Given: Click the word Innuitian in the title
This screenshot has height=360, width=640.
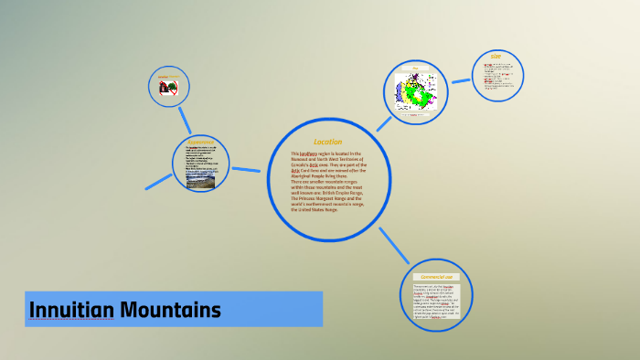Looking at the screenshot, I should click(x=71, y=311).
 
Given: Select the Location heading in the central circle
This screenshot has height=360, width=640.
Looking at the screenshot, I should click(x=327, y=142).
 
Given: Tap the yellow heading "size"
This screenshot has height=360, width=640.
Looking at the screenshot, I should click(x=496, y=58).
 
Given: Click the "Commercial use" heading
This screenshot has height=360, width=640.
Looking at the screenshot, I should click(x=436, y=276).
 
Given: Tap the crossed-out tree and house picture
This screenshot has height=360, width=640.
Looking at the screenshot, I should click(x=168, y=88).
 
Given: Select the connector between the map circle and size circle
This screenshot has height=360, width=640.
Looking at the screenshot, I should click(x=460, y=81).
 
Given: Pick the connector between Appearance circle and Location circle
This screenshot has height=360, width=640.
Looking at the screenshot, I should click(x=246, y=169).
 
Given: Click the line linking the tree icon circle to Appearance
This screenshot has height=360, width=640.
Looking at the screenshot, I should click(x=185, y=119).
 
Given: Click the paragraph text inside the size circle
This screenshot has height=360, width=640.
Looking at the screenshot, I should click(x=498, y=79).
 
